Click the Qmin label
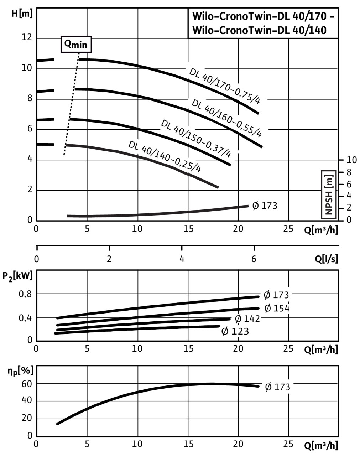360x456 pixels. coord(76,45)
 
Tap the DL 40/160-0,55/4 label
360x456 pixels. coord(227,118)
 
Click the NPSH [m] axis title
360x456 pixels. coord(329,195)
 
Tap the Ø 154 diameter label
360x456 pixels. coord(277,308)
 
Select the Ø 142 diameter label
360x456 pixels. coord(247,318)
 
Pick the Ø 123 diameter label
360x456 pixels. coord(235,331)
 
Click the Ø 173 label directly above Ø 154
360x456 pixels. coord(276,295)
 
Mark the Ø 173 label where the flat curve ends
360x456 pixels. coord(265,206)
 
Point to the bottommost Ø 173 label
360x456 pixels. coord(278,387)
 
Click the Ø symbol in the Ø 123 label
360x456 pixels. coord(225,331)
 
